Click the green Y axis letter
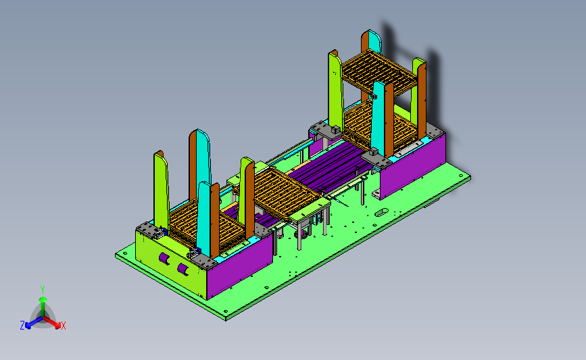click(42, 290)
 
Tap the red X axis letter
click(63, 326)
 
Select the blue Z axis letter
click(22, 326)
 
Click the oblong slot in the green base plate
click(381, 213)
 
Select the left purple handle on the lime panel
click(164, 259)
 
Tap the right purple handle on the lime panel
click(183, 269)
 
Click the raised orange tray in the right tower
click(379, 71)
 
